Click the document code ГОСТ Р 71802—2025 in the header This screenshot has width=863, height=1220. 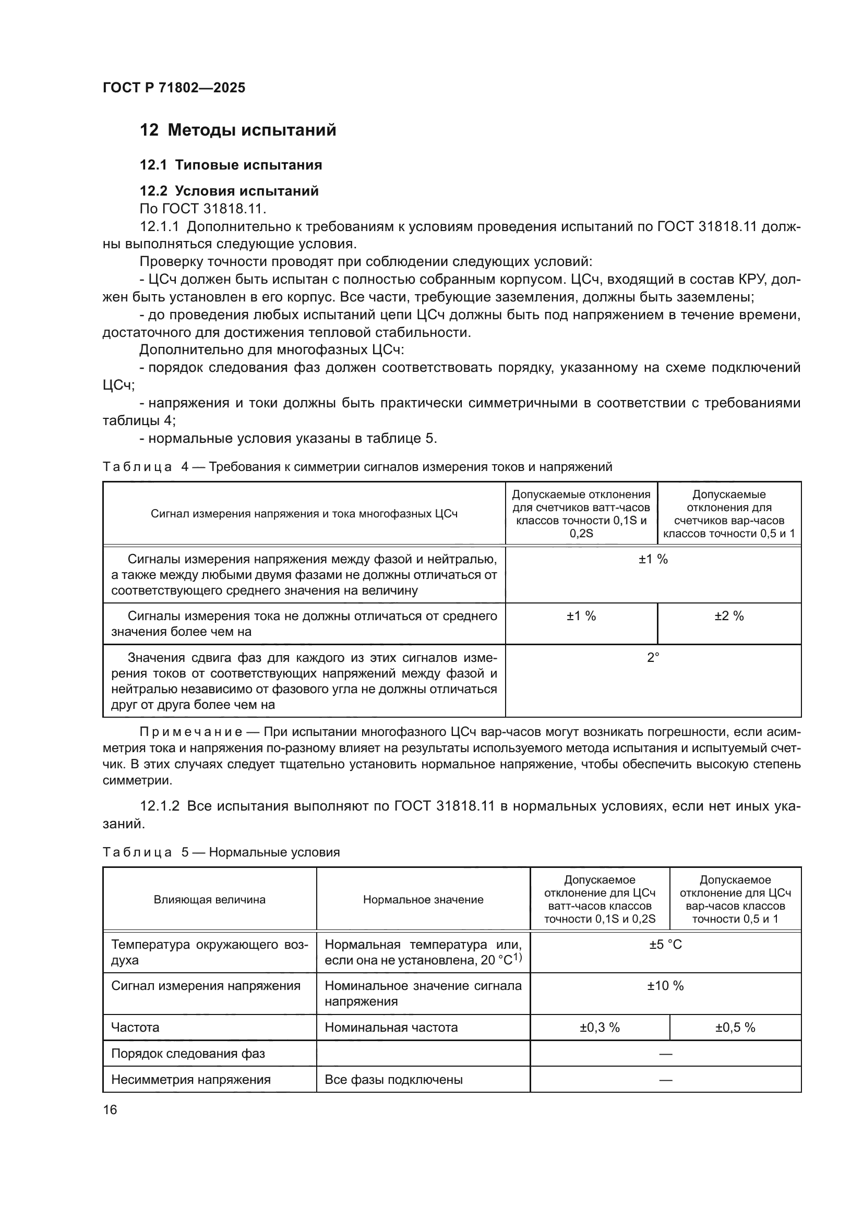coord(174,88)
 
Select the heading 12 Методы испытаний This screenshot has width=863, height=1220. coord(237,130)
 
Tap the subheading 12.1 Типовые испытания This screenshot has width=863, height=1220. coord(231,165)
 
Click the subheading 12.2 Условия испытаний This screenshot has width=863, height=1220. coord(229,191)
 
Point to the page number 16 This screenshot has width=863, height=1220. coord(110,1109)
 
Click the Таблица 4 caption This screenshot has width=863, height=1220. coord(357,466)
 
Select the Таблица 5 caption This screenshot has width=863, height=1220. coord(221,852)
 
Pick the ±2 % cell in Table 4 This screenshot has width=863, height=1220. coord(728,616)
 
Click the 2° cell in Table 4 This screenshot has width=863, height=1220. coord(653,657)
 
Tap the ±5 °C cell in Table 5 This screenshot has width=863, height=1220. coord(665,944)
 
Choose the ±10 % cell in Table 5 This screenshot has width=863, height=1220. coord(665,986)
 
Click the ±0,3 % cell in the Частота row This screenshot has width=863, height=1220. coord(600,1027)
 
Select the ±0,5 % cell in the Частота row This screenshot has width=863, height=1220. coord(735,1027)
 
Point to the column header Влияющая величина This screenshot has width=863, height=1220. coord(209,900)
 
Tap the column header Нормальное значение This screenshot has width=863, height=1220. coord(423,900)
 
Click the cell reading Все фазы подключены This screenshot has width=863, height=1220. coord(393,1079)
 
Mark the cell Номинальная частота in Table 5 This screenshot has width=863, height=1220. coord(391,1027)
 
